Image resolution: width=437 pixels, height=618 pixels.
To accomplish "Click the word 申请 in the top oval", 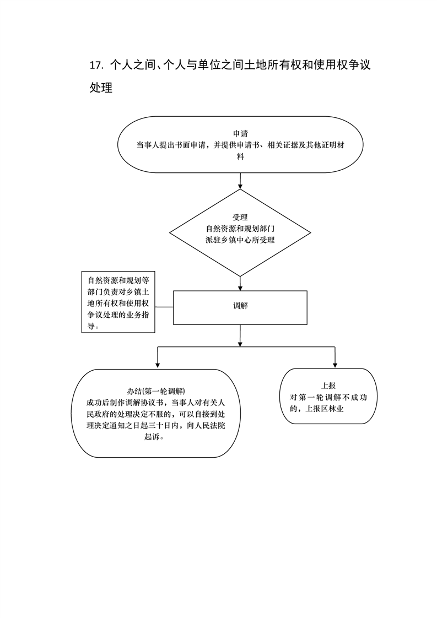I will (240, 134).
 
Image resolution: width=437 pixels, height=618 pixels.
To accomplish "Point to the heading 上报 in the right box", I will (329, 386).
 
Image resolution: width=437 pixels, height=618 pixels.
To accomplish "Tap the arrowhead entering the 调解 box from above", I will (240, 288).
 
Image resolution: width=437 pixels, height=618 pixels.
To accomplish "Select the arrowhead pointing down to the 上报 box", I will (335, 365).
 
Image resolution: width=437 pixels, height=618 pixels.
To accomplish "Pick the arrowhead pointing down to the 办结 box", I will (158, 365).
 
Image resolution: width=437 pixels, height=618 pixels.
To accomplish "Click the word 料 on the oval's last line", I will (240, 156).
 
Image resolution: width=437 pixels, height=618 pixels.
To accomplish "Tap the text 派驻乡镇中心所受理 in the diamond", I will (240, 240).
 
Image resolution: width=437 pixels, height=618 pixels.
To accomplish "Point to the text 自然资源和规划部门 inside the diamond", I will (240, 229).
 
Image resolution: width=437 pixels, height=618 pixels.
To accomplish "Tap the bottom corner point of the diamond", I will (240, 276).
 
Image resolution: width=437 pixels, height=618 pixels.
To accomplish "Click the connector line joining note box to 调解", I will (164, 307).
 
